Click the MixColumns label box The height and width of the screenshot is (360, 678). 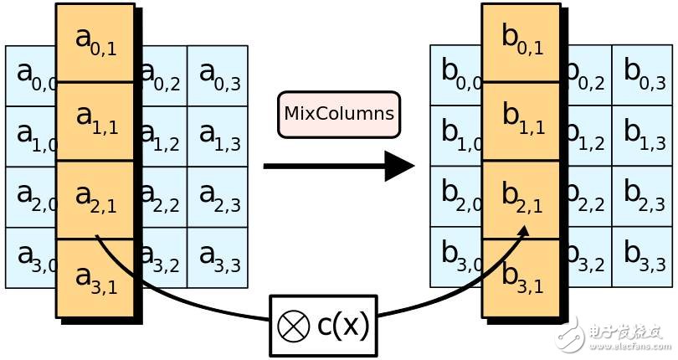(339, 115)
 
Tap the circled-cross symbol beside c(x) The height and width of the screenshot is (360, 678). (294, 326)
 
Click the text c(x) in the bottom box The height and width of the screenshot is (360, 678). (343, 326)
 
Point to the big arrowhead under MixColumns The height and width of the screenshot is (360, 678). (399, 166)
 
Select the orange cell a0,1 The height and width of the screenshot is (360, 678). (95, 43)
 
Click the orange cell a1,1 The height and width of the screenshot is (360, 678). (95, 121)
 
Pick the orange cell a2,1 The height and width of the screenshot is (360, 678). (95, 199)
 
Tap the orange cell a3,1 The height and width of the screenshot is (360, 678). (95, 278)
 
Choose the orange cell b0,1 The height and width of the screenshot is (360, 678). (521, 43)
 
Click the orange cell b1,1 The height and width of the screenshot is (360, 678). (521, 121)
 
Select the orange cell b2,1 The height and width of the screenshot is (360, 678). (521, 199)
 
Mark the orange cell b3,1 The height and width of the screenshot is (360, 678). (521, 278)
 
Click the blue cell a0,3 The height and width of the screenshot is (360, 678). (218, 75)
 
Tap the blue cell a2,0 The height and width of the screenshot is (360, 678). (31, 197)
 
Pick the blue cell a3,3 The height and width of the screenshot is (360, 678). (218, 258)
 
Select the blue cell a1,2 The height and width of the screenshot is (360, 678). (165, 136)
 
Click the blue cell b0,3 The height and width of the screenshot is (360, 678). (643, 75)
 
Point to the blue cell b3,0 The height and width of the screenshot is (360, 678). (456, 256)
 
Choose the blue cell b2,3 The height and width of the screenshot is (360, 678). (643, 196)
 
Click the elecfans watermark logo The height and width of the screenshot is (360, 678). (614, 335)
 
